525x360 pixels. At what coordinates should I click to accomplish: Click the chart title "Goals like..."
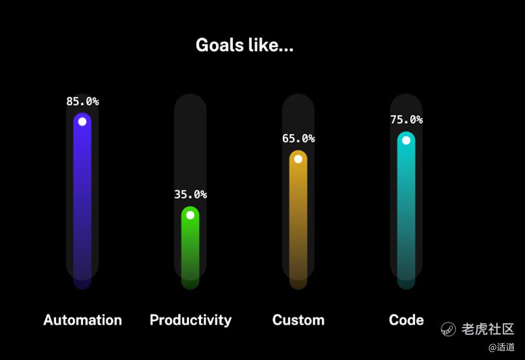(x=244, y=45)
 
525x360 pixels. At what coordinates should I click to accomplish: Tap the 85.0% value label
(x=82, y=101)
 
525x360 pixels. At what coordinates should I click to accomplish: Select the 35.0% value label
(x=190, y=194)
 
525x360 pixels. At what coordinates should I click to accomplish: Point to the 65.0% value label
(x=298, y=138)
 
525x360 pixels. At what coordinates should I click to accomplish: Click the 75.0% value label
(x=407, y=120)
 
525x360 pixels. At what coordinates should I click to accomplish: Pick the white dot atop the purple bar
(x=82, y=121)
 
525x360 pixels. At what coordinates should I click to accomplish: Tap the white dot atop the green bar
(x=190, y=215)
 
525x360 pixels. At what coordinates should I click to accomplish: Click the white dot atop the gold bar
(x=298, y=159)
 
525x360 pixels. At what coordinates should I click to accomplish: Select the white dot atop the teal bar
(x=406, y=140)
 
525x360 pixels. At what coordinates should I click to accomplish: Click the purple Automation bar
(x=82, y=201)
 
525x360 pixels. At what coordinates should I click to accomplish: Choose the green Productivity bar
(x=190, y=248)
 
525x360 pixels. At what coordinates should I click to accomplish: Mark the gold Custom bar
(x=298, y=219)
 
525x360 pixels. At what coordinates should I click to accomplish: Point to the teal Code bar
(x=406, y=210)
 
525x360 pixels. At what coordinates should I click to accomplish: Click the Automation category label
(x=82, y=320)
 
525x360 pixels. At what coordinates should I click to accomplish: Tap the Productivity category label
(x=191, y=320)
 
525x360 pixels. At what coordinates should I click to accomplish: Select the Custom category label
(x=298, y=320)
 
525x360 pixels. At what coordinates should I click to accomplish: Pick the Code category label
(x=406, y=320)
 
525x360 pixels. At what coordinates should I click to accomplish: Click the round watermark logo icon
(x=448, y=329)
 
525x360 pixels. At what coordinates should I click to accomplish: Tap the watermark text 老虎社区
(x=488, y=329)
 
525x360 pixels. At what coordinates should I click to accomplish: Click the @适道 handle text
(x=501, y=347)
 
